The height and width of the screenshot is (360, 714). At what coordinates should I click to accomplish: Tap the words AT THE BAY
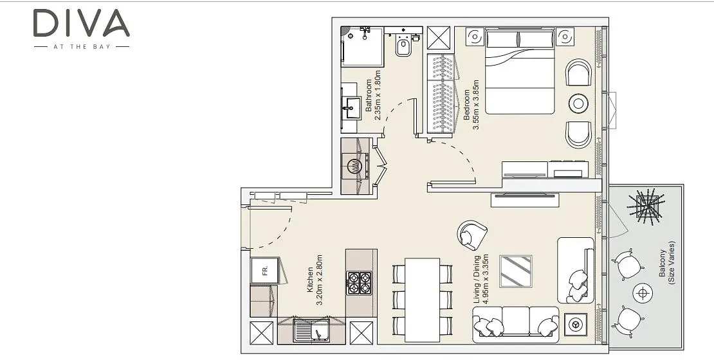pos(82,46)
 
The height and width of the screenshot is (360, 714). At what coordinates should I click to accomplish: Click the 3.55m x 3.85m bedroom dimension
pos(476,105)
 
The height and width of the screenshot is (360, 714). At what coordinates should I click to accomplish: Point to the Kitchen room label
pos(310,280)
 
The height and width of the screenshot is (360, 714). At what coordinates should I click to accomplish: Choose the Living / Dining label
pos(477,280)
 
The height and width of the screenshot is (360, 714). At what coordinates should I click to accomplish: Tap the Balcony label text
pos(663,263)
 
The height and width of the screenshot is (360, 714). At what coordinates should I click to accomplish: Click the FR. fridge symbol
pos(264,271)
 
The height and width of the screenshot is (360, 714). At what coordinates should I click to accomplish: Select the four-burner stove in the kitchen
pos(360,283)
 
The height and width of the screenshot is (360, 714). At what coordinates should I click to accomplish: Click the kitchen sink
pos(312,330)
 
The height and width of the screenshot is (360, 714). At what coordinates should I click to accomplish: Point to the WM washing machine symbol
pos(355,166)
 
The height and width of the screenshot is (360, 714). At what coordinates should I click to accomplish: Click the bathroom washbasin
pos(351,108)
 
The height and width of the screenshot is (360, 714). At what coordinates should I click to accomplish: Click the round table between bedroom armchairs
pos(578,104)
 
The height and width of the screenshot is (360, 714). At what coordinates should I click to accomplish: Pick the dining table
pos(422,300)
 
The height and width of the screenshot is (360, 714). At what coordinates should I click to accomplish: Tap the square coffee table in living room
pos(516,271)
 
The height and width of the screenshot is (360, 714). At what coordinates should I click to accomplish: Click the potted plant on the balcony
pos(646,206)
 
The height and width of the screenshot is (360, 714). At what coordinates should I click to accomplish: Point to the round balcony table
pos(643,292)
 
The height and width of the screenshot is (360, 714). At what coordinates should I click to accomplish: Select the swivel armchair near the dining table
pos(471,235)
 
